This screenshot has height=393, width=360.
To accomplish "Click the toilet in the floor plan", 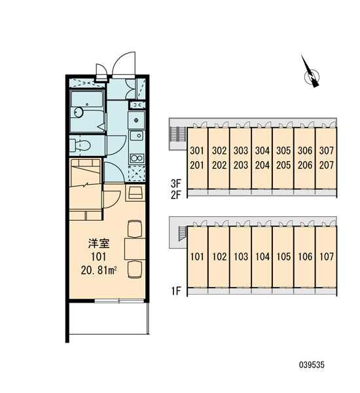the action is click(80, 145).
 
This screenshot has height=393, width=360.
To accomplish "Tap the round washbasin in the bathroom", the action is click(79, 112).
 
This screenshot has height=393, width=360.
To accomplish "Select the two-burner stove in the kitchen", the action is click(137, 159).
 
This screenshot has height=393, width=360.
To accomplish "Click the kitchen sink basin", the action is click(137, 136).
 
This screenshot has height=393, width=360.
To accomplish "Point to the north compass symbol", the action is click(311, 72).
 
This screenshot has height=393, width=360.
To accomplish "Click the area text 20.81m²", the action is click(99, 270).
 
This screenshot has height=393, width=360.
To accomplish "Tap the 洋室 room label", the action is click(99, 244).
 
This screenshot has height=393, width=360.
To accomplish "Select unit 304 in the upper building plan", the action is click(262, 151).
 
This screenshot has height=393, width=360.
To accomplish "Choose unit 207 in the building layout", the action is click(327, 165).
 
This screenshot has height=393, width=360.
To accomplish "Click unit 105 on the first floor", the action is click(283, 256).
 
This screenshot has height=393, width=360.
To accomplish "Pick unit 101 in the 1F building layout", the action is click(198, 256).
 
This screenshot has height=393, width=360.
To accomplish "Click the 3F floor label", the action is click(175, 183).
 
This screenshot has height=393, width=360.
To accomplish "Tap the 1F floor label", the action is click(176, 291).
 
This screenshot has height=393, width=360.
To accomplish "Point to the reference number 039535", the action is click(312, 365).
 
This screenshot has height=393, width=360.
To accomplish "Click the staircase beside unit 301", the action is click(177, 134).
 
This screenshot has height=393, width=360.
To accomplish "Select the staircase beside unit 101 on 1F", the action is click(182, 233).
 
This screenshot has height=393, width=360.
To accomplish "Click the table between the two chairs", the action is click(135, 249).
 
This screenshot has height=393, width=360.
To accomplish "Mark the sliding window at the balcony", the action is click(119, 301).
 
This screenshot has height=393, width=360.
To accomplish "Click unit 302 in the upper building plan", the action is click(219, 151).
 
